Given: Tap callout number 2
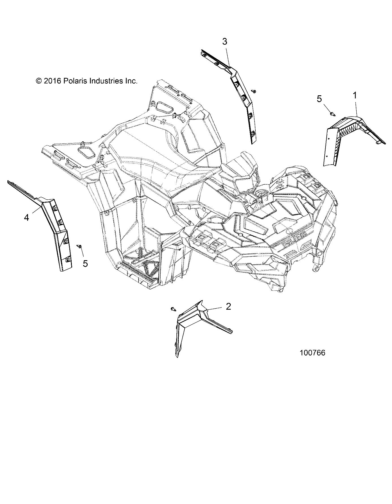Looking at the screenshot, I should [229, 306].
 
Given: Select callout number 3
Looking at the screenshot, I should [225, 42].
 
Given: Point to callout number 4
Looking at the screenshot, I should [26, 217].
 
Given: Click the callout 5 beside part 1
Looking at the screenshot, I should [319, 99].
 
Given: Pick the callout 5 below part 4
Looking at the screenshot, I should [85, 264].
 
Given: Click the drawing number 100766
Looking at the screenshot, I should [313, 353].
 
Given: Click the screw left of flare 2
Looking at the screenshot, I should [173, 309].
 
